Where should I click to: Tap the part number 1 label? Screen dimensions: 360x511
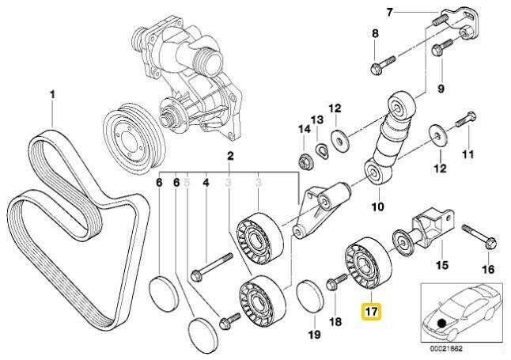coord(53,96)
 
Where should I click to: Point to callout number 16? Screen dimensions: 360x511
coord(487,269)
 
